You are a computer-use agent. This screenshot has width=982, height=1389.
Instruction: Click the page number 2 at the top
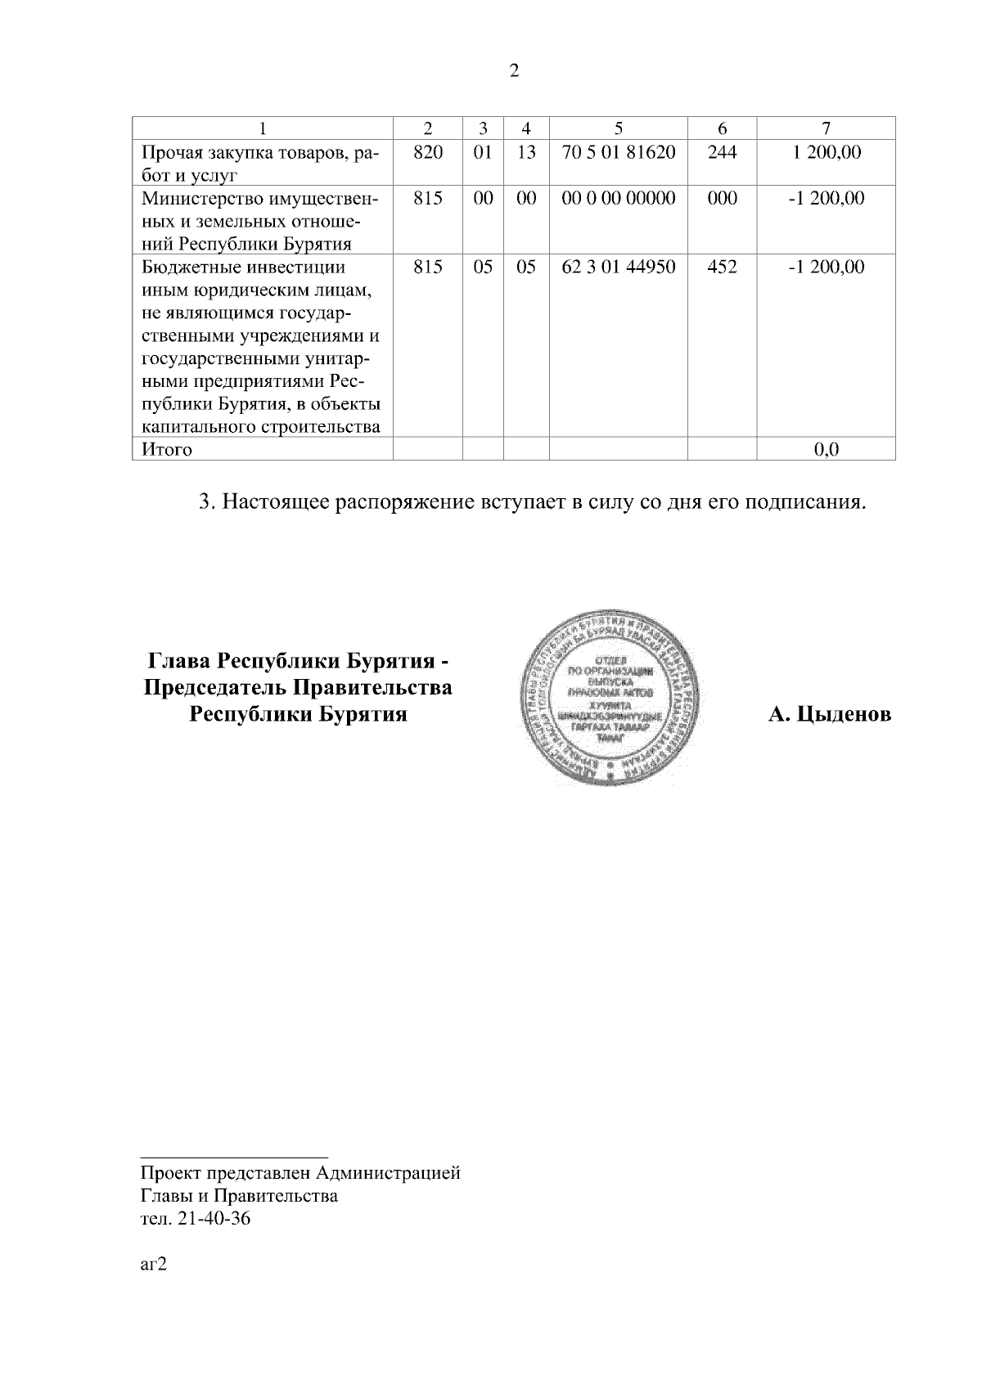click(514, 71)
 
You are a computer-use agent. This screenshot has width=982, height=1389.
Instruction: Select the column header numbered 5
click(618, 128)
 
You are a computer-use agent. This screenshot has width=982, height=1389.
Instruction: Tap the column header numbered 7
click(826, 128)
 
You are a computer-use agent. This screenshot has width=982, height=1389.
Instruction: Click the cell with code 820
click(428, 151)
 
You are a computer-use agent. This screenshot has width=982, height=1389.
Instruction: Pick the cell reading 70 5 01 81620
click(618, 151)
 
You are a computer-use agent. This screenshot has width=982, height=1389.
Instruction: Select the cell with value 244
click(722, 151)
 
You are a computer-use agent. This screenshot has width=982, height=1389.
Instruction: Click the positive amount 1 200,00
click(826, 151)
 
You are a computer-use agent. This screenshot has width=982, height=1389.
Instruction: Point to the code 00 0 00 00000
click(618, 198)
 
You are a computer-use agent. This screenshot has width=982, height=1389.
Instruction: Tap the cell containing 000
click(722, 198)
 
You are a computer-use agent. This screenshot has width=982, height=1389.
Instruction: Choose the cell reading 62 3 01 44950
click(618, 267)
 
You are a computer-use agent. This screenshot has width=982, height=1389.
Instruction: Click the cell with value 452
click(722, 267)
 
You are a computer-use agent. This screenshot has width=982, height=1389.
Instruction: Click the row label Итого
click(167, 449)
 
